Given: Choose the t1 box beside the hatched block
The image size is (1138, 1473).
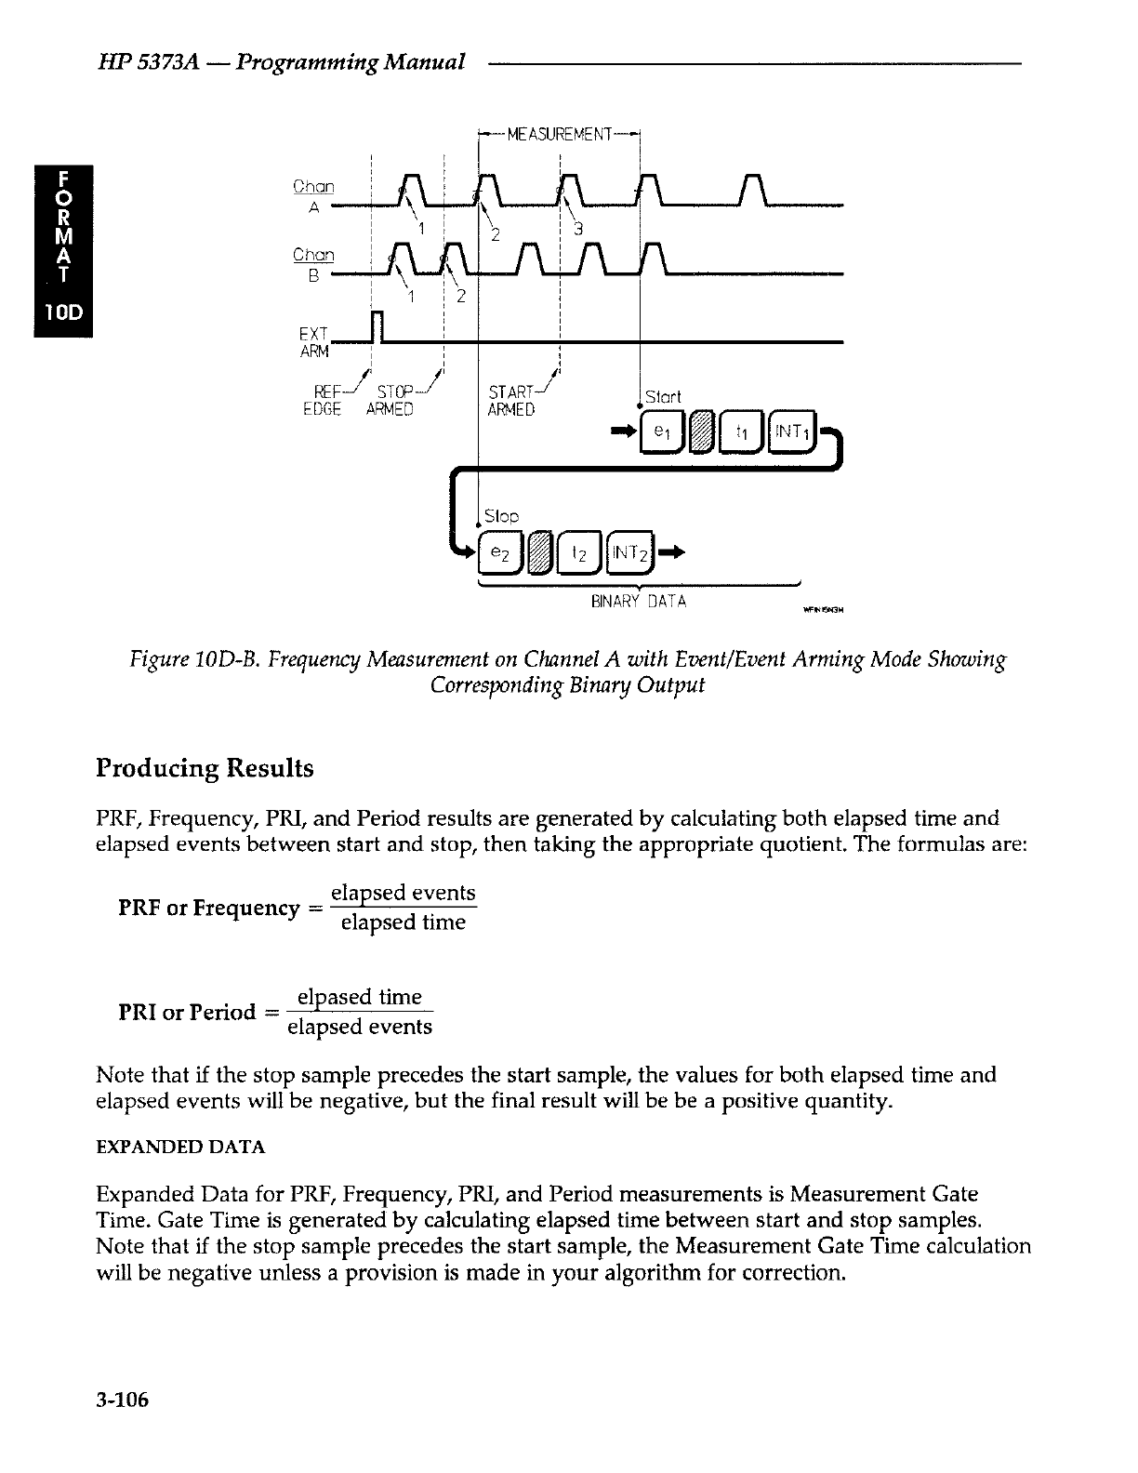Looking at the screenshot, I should point(742,431).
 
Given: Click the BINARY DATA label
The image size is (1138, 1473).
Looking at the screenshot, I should point(638,601).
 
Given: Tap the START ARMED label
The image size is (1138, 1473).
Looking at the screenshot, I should point(511,401).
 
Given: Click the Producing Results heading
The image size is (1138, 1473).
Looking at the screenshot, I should point(205,769).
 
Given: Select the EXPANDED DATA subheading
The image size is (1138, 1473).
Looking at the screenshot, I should point(181,1148).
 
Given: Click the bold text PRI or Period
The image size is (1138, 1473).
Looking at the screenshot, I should point(186,1012).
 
